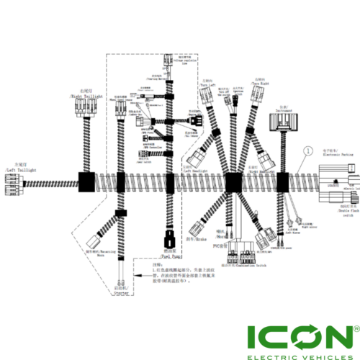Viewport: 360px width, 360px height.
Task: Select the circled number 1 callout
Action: pos(307,151)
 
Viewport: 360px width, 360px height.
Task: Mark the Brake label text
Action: pos(194,238)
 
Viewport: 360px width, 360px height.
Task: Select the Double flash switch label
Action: pos(344,212)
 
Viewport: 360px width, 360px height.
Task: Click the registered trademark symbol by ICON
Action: pos(352,327)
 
